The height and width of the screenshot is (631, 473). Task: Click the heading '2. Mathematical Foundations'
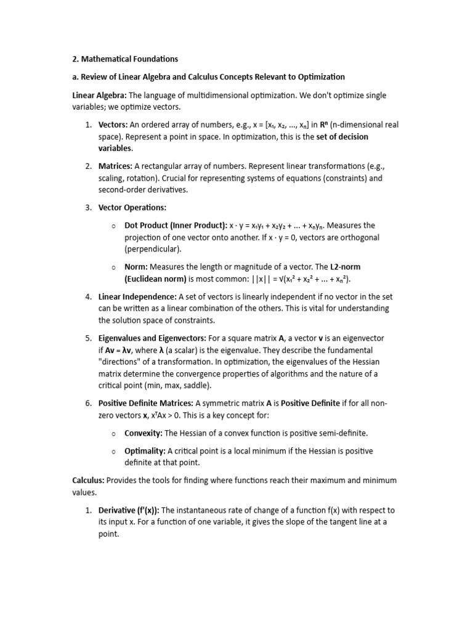125,59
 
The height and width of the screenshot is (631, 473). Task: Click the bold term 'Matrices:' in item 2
115,166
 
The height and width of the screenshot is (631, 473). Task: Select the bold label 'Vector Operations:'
132,208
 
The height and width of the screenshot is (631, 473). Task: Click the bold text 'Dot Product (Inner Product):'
175,226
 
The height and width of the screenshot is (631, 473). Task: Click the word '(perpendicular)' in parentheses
153,249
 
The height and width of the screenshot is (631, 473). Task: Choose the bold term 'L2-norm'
346,267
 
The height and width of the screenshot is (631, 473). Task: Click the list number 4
88,297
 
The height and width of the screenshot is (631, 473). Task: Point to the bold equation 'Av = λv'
123,351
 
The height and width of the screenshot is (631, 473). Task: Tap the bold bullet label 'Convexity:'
144,433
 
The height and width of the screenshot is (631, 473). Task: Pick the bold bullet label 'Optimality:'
145,451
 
